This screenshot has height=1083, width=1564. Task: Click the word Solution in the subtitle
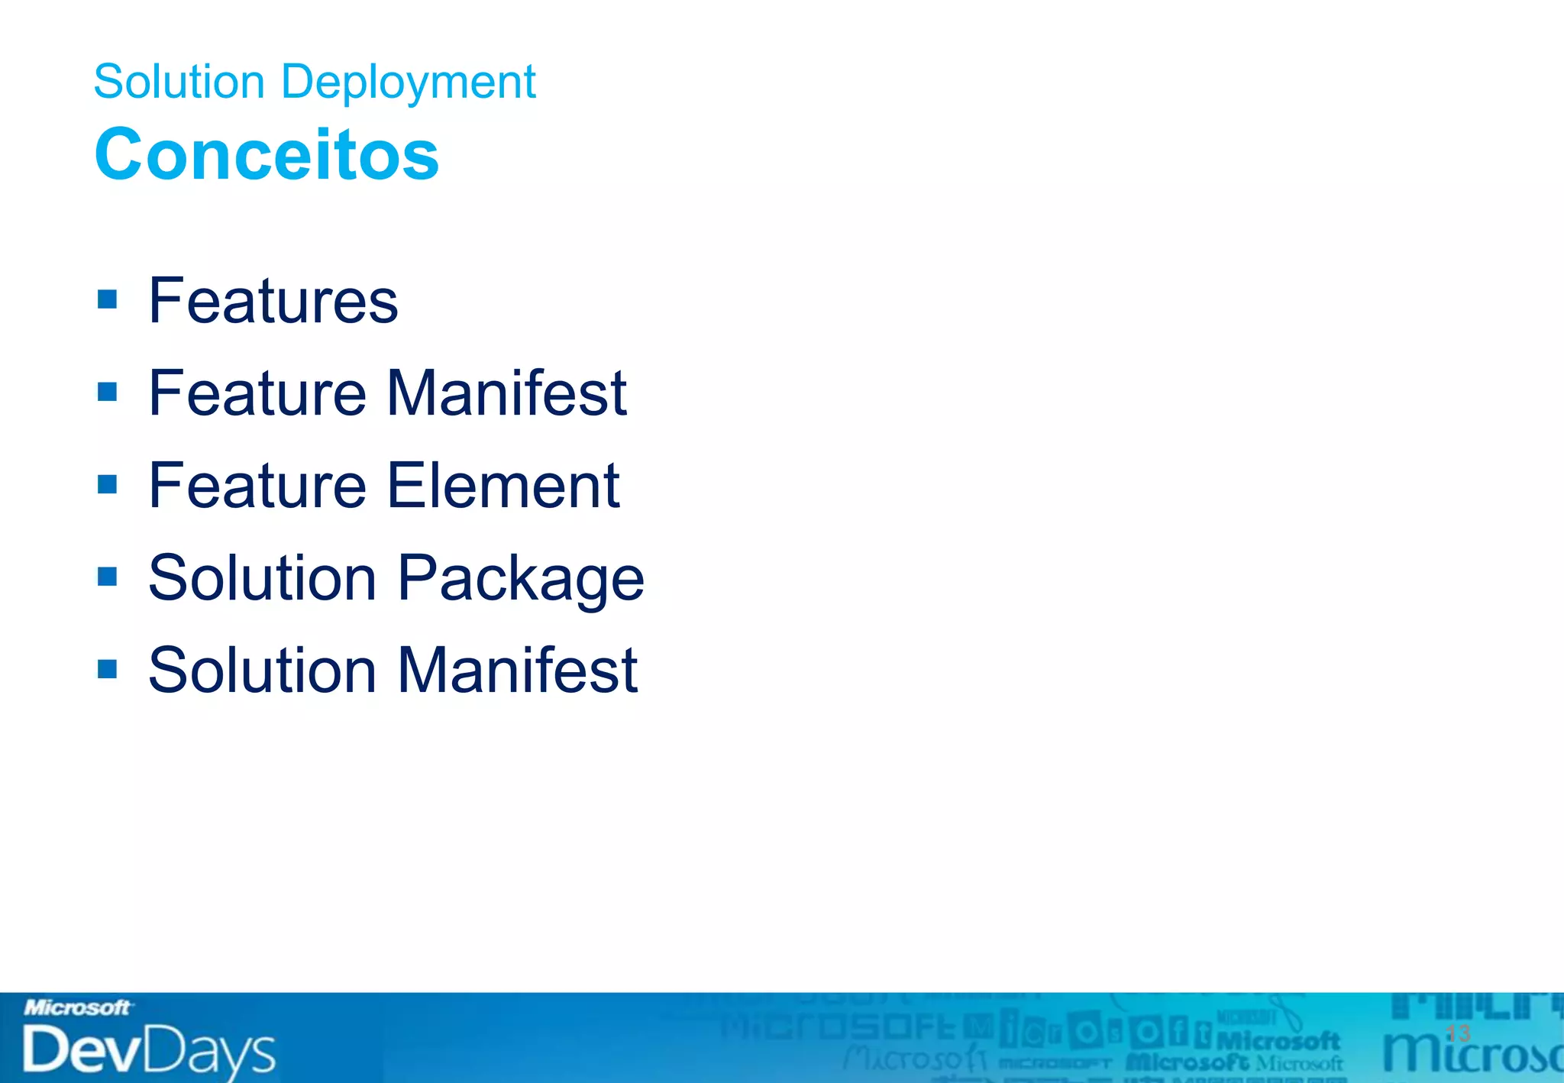coord(179,82)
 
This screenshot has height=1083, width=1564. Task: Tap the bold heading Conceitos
coord(267,154)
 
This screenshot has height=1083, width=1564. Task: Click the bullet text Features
coord(273,301)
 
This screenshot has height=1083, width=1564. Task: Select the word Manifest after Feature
coord(506,393)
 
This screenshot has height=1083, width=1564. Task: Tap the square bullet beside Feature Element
coord(108,484)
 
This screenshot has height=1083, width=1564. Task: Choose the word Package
coord(521,579)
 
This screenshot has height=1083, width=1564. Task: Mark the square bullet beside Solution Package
coord(108,577)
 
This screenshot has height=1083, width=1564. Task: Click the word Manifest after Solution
coord(517,670)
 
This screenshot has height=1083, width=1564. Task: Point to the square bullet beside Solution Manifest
coord(108,669)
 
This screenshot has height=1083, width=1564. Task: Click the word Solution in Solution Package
coord(262,577)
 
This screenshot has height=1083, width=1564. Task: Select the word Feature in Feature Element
coord(257,485)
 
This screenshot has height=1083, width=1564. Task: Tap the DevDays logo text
coord(148,1051)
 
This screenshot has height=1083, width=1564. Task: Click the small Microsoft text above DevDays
coord(77,1008)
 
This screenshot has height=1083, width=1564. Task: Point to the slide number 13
coord(1458,1033)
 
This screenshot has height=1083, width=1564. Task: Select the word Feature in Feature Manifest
coord(257,393)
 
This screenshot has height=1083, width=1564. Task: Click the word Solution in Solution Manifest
coord(262,670)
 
